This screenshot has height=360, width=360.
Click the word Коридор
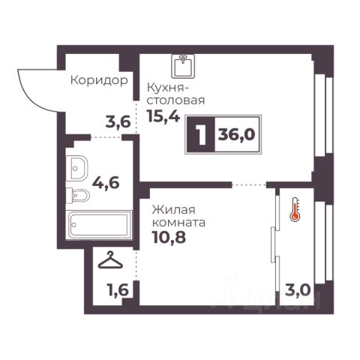click(x=99, y=81)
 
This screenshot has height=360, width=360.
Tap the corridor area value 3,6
click(x=118, y=122)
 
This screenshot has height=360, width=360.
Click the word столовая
click(x=176, y=100)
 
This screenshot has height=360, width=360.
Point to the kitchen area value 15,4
click(x=163, y=116)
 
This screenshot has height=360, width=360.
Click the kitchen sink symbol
click(x=183, y=66)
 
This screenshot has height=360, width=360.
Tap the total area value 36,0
click(x=236, y=135)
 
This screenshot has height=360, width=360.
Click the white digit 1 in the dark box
click(x=202, y=135)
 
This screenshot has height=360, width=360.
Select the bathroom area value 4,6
click(x=106, y=183)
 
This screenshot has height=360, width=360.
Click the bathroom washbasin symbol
click(x=76, y=168)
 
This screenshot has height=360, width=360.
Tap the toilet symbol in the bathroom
click(x=78, y=195)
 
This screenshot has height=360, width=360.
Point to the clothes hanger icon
click(x=110, y=260)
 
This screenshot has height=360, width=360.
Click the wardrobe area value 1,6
click(x=118, y=290)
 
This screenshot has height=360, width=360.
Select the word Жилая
click(x=174, y=210)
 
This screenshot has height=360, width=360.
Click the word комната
click(x=178, y=222)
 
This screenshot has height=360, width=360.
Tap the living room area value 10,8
click(x=169, y=237)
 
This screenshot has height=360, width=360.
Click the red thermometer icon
click(x=295, y=209)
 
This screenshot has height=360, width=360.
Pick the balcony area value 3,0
click(x=298, y=290)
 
